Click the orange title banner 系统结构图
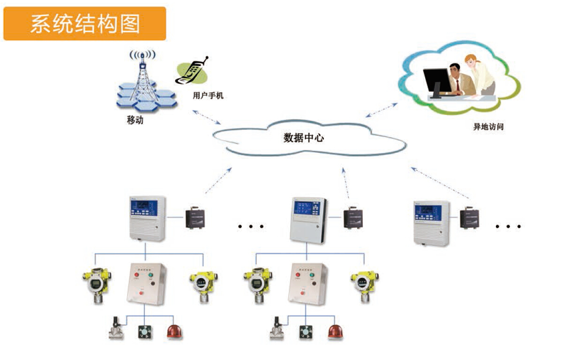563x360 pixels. (85, 23)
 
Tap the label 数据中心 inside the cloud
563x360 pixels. (303, 138)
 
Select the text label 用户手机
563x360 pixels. (208, 96)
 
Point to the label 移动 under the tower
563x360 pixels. (135, 120)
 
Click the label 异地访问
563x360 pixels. (488, 127)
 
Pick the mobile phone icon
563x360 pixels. (191, 71)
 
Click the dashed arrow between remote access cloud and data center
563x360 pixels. (381, 110)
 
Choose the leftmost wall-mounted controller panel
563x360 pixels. (147, 218)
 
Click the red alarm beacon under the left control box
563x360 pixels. (175, 332)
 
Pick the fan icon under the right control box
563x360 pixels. (307, 332)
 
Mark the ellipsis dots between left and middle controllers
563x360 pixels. (250, 226)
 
